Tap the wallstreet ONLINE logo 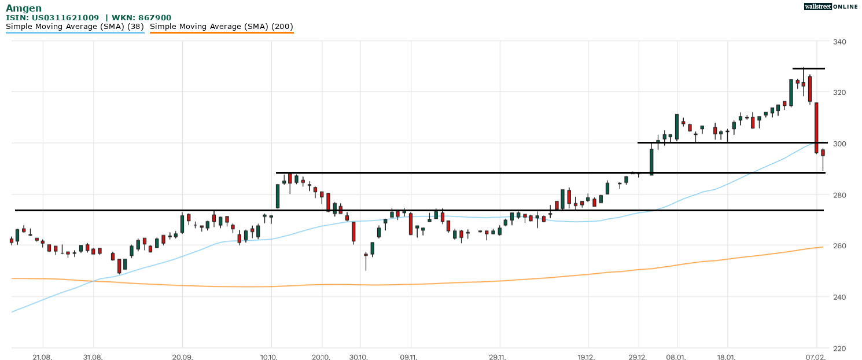tap(831, 6)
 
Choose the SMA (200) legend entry tap(222, 27)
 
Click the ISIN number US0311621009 tap(65, 18)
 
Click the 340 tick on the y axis tap(839, 42)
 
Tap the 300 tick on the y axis tap(839, 144)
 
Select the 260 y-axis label tap(839, 246)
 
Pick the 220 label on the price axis tap(839, 348)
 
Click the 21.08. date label tap(42, 357)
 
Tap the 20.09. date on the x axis tap(182, 357)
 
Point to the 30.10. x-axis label tap(360, 357)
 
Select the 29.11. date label tap(498, 357)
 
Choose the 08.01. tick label tap(676, 357)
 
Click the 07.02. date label tap(816, 357)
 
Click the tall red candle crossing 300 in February tap(816, 127)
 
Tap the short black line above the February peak tap(808, 69)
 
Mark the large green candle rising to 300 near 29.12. tap(651, 161)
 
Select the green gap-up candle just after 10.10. tap(278, 196)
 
